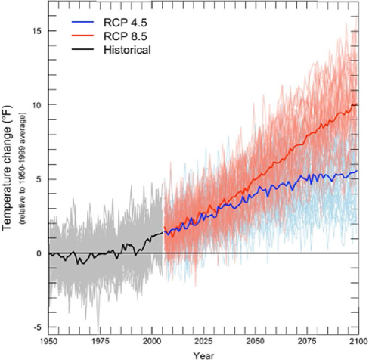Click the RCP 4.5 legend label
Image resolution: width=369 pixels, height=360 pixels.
(126, 23)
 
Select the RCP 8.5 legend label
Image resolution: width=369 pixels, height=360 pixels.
(126, 36)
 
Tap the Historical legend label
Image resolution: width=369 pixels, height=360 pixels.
(127, 50)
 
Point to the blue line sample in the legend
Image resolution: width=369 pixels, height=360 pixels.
(82, 22)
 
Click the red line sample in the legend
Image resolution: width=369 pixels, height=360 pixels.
(82, 36)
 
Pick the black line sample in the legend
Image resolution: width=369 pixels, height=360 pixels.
(82, 49)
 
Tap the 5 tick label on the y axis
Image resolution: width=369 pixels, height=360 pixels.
(39, 179)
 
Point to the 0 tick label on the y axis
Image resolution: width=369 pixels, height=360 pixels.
(39, 253)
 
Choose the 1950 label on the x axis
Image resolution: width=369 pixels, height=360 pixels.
(49, 341)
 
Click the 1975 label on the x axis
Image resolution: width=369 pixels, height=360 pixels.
(101, 341)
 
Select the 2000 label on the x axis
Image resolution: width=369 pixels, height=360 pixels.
(152, 341)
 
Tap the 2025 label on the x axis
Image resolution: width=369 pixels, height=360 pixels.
(204, 341)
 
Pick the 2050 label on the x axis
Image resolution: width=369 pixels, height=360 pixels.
(256, 341)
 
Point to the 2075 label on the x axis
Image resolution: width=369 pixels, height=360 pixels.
(307, 341)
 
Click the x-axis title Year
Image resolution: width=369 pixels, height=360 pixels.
(203, 355)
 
